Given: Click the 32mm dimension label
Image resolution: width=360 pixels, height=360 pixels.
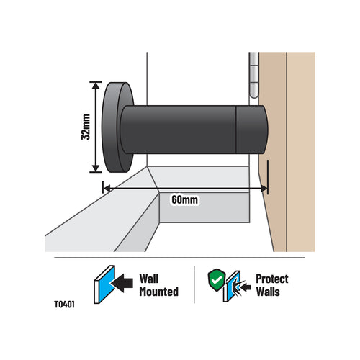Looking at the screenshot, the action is [86, 127].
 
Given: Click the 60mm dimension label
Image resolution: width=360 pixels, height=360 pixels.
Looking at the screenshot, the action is [185, 199].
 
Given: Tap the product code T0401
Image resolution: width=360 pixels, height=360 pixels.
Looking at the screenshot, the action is [64, 305].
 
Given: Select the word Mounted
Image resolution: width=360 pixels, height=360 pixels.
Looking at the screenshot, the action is [159, 292].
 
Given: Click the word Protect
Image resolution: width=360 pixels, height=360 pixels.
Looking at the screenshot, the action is [272, 279].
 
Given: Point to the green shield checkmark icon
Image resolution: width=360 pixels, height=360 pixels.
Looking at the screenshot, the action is [217, 280].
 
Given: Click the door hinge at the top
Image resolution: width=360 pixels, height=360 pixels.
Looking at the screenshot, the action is [254, 75].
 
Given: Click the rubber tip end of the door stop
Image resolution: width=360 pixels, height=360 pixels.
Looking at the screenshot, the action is [252, 130].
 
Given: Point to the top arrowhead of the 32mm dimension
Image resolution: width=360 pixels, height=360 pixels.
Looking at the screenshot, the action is [96, 86].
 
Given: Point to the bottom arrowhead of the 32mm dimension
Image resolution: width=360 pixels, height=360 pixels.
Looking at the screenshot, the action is [96, 168].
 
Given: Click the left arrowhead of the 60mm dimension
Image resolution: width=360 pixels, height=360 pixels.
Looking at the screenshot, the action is [107, 189].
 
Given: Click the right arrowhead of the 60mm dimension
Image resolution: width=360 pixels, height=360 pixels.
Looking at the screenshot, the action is [264, 189].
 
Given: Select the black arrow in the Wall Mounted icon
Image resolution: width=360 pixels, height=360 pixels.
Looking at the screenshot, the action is [122, 283].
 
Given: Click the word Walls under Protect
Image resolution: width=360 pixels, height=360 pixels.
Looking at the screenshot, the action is [268, 292].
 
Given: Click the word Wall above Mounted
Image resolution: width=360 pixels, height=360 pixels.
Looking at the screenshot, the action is [149, 279].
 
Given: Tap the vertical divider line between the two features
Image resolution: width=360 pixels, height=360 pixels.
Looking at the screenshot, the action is [194, 284].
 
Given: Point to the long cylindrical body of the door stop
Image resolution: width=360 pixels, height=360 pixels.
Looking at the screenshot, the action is [179, 130].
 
